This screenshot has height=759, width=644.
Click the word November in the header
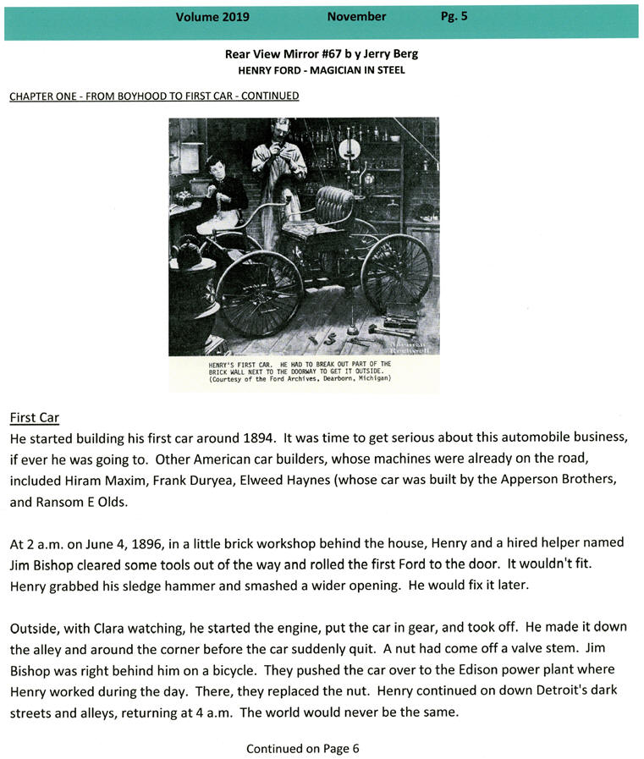356,17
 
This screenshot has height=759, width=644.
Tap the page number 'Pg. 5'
454,17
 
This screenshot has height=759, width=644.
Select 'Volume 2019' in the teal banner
207,17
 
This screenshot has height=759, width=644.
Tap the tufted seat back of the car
333,203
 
